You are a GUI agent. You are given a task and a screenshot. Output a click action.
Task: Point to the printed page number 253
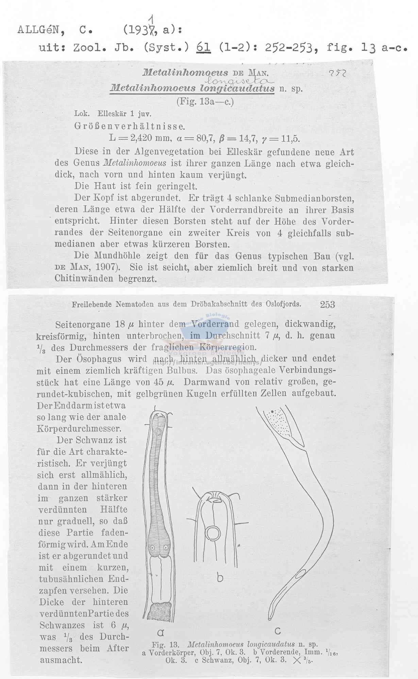pyautogui.click(x=327, y=304)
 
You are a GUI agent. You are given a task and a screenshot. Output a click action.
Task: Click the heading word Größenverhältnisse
pyautogui.click(x=130, y=126)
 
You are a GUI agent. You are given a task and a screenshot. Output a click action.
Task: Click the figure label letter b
pyautogui.click(x=220, y=577)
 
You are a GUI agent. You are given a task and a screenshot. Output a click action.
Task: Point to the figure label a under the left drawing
pyautogui.click(x=161, y=632)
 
